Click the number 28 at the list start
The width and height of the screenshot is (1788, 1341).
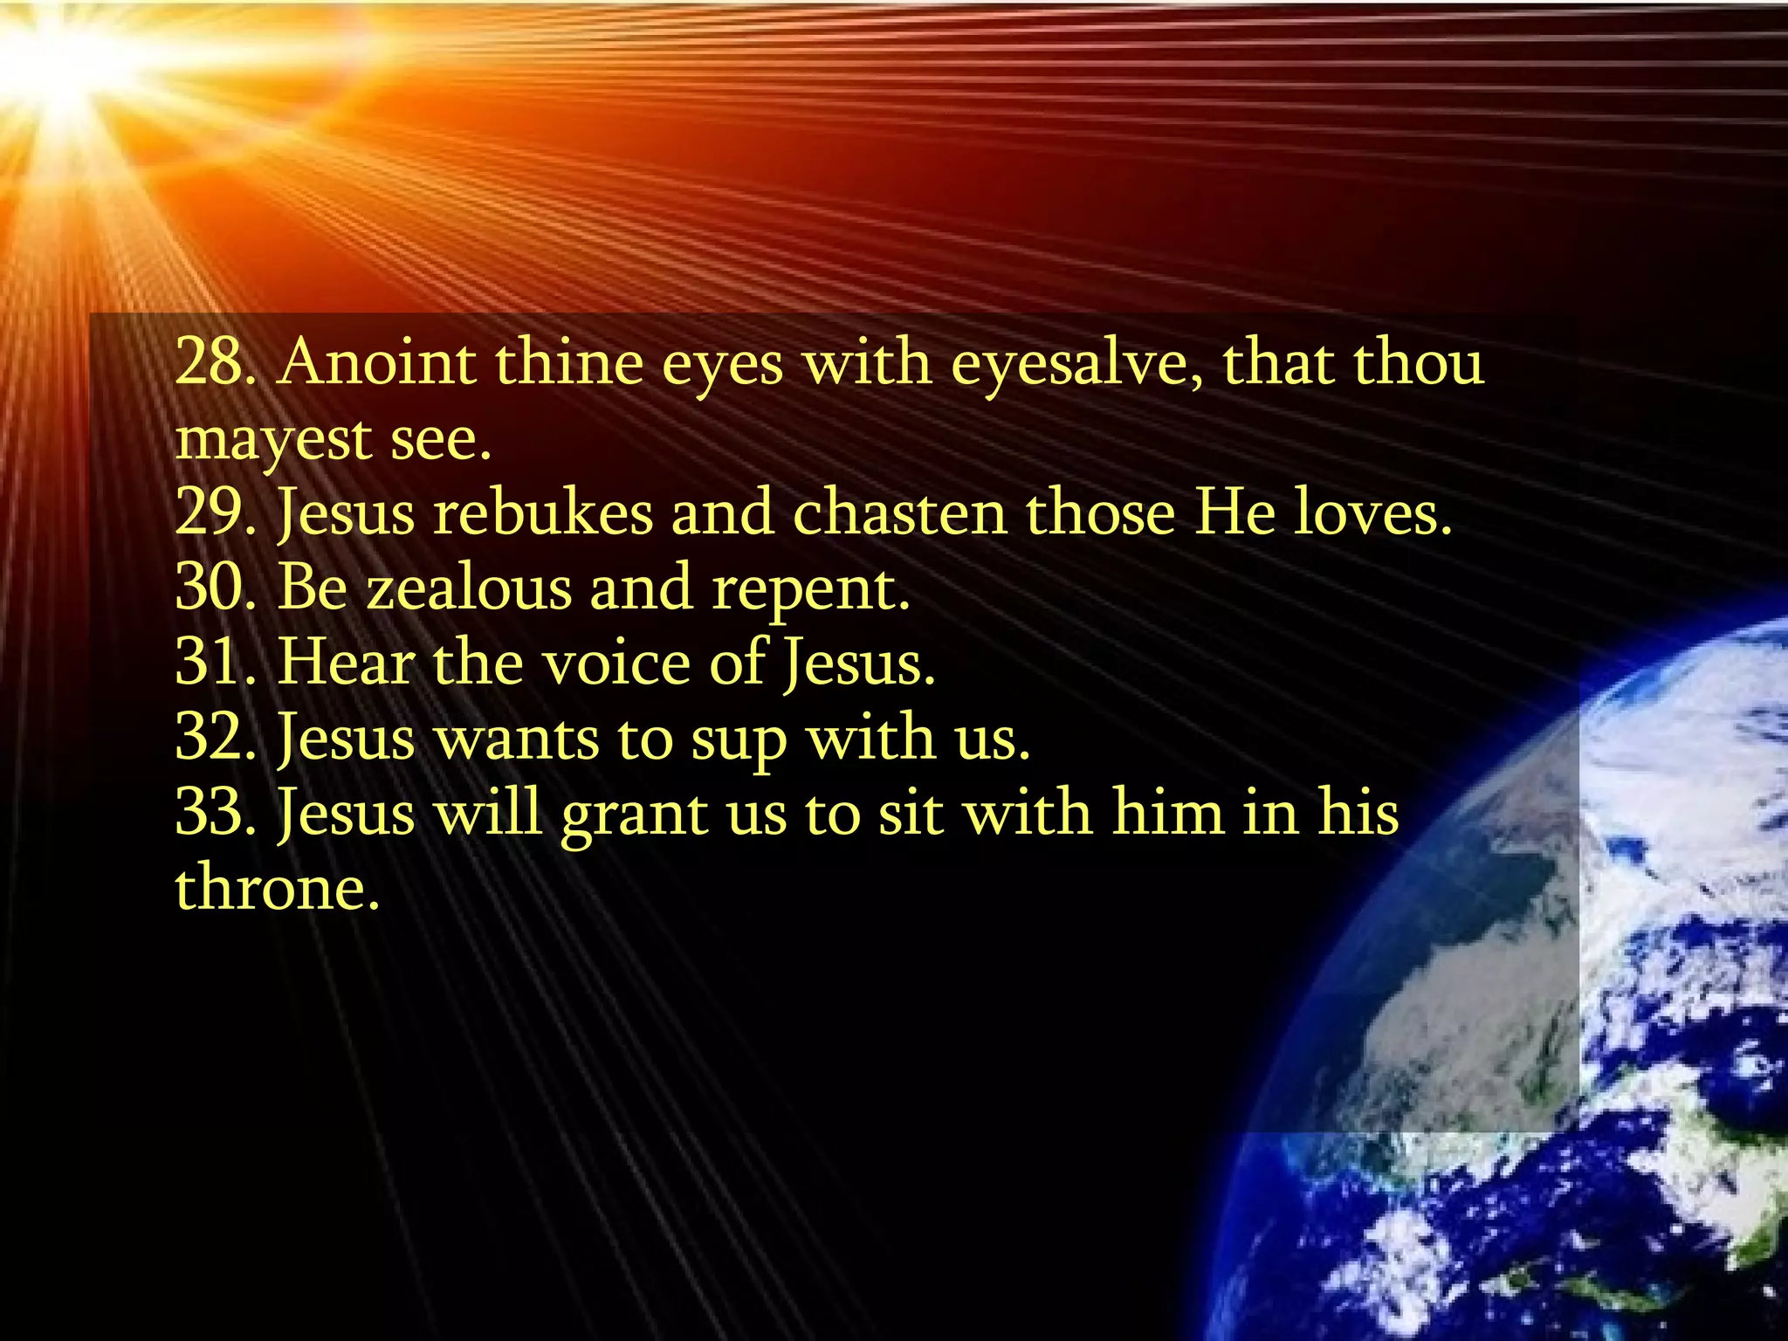[210, 361]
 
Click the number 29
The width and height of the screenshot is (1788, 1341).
[210, 512]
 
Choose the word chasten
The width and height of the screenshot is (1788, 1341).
[899, 512]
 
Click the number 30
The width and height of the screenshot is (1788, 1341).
[210, 588]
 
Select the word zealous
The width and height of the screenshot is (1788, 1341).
[468, 588]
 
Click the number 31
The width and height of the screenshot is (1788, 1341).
[210, 663]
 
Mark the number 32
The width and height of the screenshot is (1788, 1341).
[210, 738]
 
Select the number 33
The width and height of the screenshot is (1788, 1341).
[210, 813]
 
